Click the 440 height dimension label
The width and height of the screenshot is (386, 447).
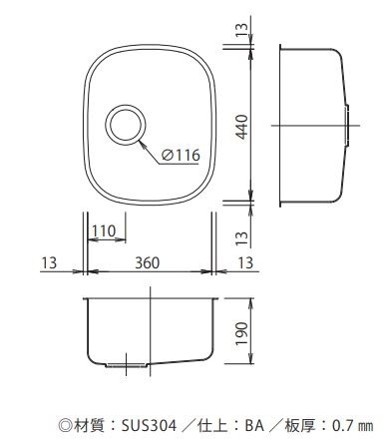pos(242,127)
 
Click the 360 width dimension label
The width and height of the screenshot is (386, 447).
pos(148,262)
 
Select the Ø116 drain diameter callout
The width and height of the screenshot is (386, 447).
pos(182,155)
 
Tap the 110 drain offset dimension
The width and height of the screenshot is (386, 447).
pos(104,230)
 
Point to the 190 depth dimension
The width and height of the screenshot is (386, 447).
pos(242,333)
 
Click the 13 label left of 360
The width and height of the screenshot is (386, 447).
pos(49,262)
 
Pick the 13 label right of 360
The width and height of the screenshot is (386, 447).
pos(245,262)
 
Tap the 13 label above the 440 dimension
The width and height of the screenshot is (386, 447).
pos(242,30)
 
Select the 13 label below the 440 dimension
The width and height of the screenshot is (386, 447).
pos(242,238)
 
